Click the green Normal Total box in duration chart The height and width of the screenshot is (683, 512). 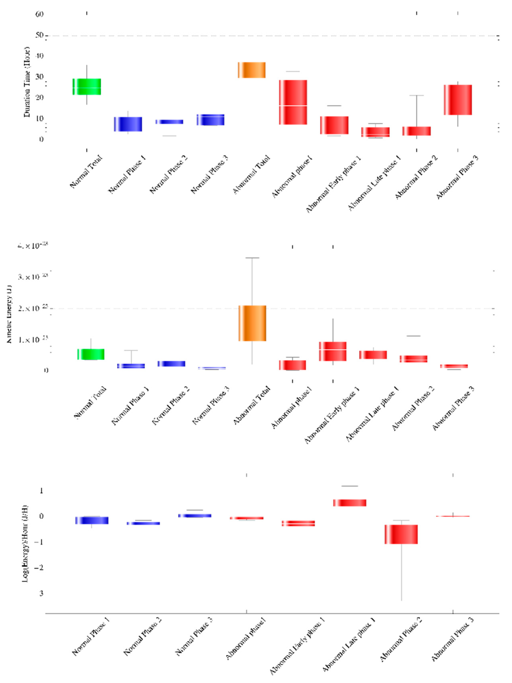(x=87, y=87)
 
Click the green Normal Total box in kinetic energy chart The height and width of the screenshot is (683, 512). (x=91, y=354)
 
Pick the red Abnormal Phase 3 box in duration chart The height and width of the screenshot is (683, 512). (x=458, y=100)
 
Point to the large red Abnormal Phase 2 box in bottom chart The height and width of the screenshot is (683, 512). (x=401, y=534)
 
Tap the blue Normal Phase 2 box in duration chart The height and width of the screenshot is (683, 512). (x=169, y=122)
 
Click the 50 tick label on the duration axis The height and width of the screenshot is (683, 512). (x=39, y=35)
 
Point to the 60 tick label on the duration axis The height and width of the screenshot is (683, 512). (x=39, y=14)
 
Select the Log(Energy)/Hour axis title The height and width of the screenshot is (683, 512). (x=25, y=544)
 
